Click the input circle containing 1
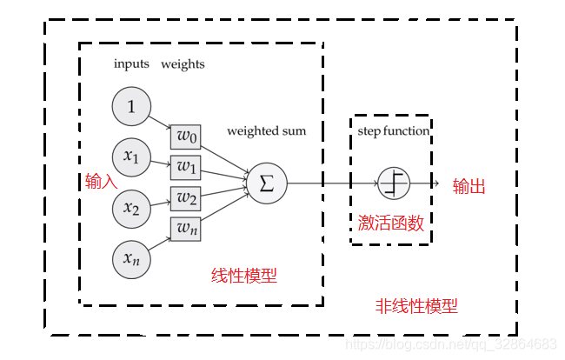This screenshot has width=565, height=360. [x=131, y=107]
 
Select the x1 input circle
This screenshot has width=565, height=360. [x=131, y=157]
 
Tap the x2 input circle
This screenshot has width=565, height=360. [x=131, y=208]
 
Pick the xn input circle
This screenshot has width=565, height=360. [x=131, y=258]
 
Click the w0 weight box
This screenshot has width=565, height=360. [x=186, y=137]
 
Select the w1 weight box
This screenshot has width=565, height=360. [x=186, y=166]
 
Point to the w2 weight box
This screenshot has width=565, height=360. [x=186, y=198]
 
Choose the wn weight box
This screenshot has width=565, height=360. [x=186, y=228]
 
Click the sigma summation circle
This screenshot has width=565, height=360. [x=267, y=183]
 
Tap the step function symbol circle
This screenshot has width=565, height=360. [x=393, y=183]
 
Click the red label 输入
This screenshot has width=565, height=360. [x=101, y=181]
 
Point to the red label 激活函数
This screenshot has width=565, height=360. [x=391, y=223]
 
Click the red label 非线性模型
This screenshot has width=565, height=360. [x=416, y=306]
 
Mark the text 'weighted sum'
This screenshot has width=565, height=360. [x=266, y=131]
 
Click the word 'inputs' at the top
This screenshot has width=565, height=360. [x=131, y=64]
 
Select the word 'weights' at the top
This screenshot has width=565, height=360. [x=183, y=64]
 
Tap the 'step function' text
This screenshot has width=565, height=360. [x=393, y=131]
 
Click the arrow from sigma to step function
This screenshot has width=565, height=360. [x=330, y=183]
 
